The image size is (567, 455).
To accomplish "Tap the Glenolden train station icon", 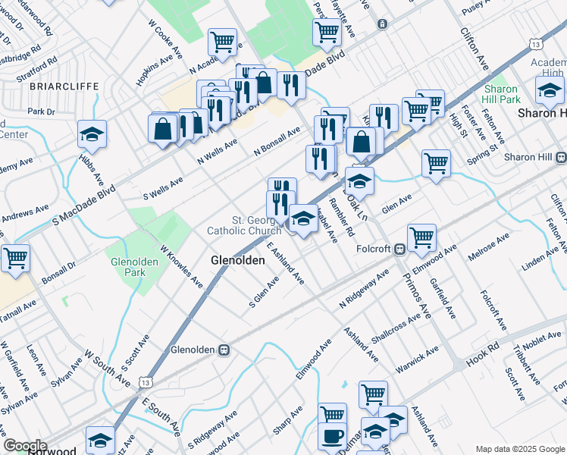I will (x=224, y=350).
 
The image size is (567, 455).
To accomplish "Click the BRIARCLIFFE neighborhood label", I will (x=64, y=86).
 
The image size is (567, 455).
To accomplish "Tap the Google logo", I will (x=25, y=446).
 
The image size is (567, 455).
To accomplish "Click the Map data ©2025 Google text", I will (x=520, y=449).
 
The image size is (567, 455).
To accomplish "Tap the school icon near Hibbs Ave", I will (x=92, y=135).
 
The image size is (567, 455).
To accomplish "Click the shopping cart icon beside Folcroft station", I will (x=421, y=237).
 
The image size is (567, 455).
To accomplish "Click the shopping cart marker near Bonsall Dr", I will (x=15, y=258).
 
